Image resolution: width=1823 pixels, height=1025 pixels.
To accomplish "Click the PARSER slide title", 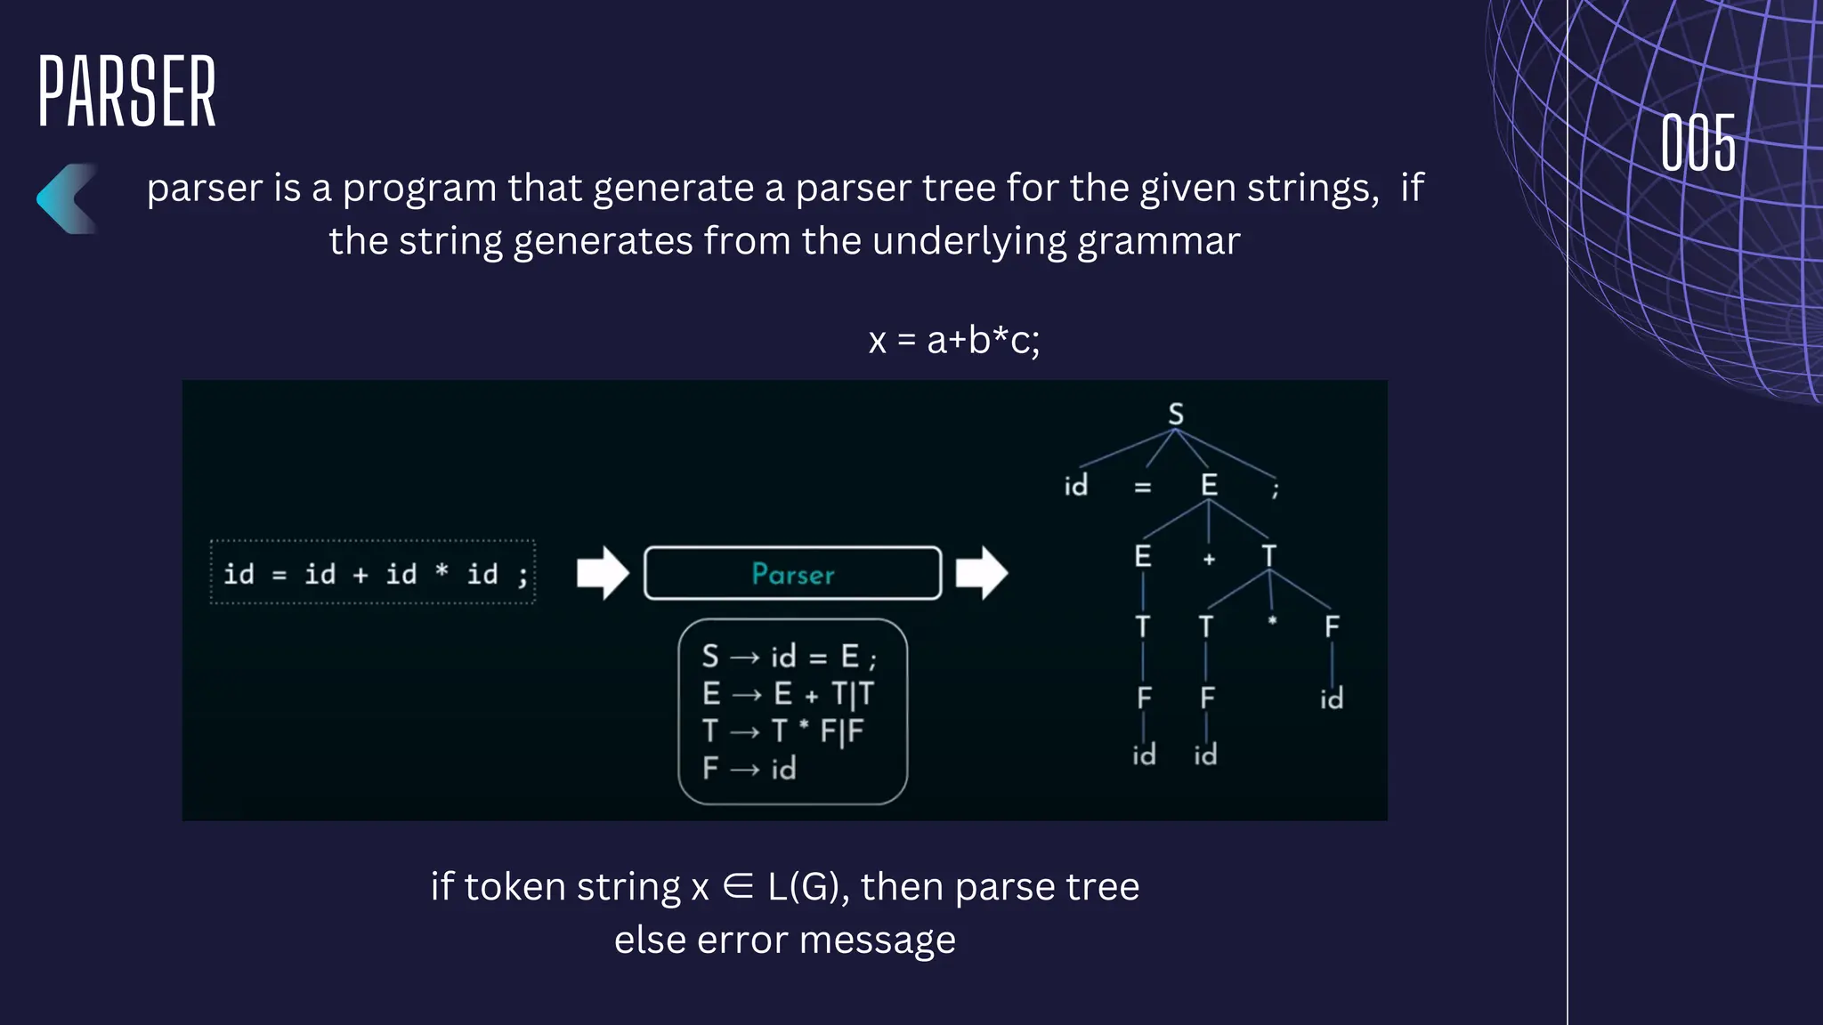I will [x=126, y=91].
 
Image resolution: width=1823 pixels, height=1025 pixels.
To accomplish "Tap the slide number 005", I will [x=1698, y=143].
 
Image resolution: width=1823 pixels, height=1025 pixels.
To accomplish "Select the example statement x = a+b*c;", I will [x=954, y=341].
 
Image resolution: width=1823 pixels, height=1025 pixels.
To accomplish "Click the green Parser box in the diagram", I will [x=792, y=574].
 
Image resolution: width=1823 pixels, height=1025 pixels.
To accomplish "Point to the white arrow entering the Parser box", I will [x=603, y=573].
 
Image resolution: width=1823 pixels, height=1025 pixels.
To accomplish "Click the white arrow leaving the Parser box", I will [x=982, y=573].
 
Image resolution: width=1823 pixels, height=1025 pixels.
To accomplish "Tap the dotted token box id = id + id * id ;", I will [x=373, y=573].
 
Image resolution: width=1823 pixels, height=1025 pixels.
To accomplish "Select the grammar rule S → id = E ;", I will [x=789, y=658].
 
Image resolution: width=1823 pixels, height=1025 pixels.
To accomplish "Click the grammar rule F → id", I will [x=749, y=769].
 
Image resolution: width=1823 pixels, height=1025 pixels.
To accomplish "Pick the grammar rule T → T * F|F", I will [x=782, y=731].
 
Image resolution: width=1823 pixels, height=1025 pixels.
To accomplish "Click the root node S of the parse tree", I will [x=1176, y=415].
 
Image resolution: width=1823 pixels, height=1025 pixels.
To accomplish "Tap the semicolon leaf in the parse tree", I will [x=1276, y=488].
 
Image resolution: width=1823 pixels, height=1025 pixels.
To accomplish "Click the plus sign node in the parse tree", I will [x=1209, y=560].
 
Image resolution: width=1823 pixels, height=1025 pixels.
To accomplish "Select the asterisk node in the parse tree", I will [x=1272, y=621].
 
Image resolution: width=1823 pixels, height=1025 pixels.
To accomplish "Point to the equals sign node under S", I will [x=1143, y=488].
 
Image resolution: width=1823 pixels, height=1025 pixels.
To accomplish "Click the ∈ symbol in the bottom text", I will [x=738, y=887].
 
